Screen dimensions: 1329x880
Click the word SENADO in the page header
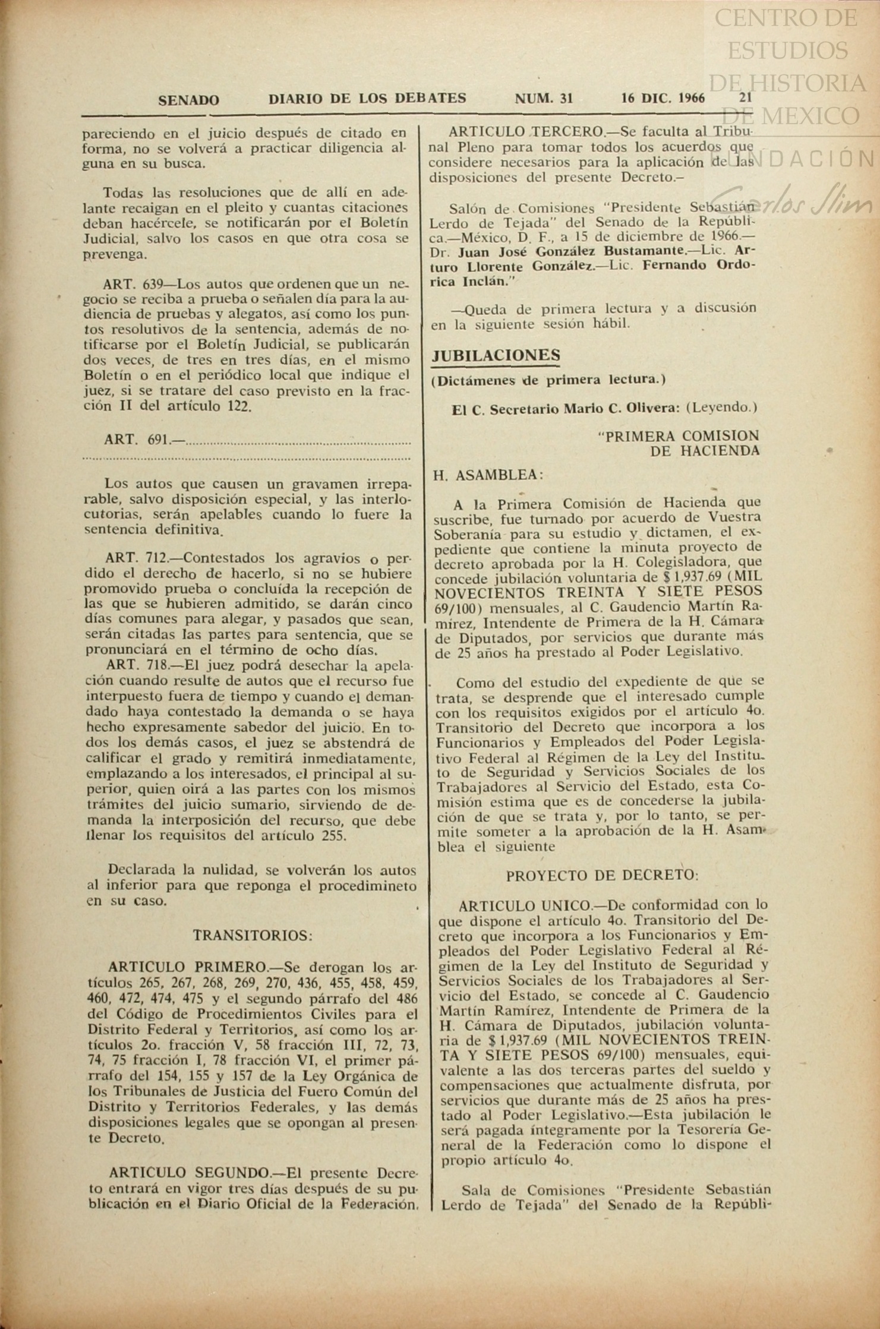point(188,100)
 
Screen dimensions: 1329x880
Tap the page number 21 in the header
point(746,98)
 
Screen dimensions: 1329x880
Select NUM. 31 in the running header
point(544,99)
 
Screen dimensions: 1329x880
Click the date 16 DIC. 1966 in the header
point(663,98)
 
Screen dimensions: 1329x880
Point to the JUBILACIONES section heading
point(496,355)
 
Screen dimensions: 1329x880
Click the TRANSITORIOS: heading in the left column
point(253,935)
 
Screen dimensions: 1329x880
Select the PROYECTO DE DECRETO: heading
point(603,876)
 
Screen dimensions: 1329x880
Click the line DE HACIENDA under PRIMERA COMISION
point(705,451)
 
